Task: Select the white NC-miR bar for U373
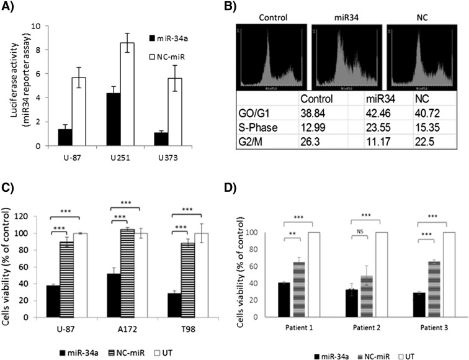point(178,112)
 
